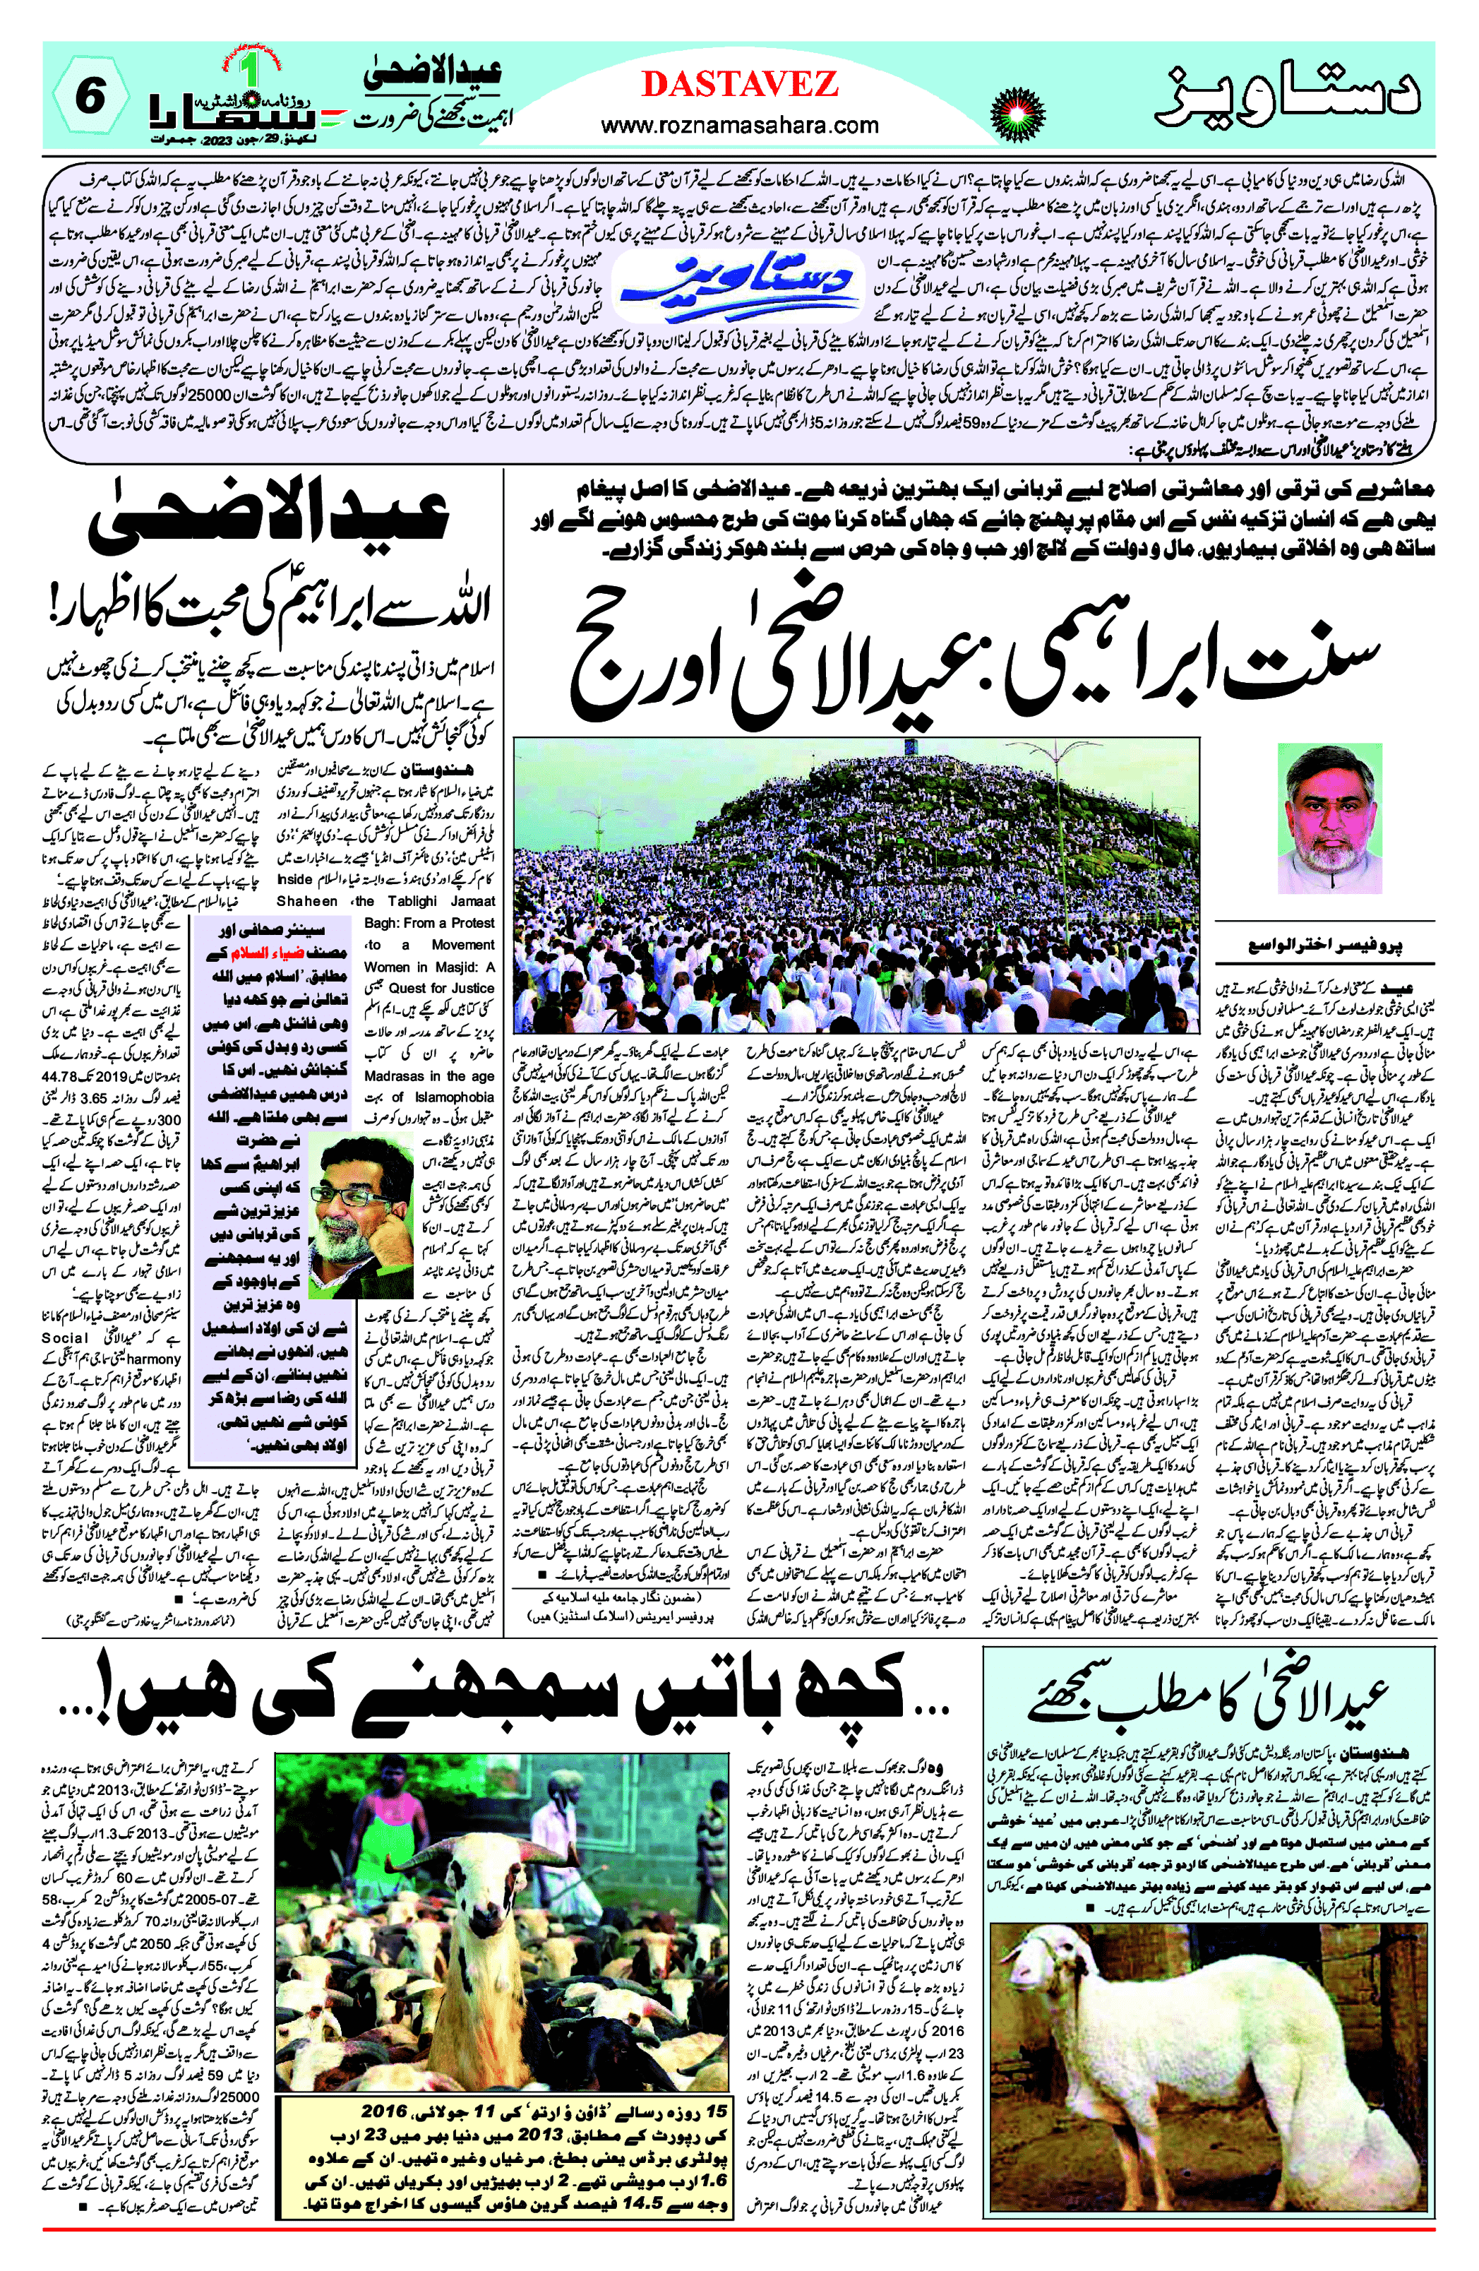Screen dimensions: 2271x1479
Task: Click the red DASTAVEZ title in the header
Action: (x=740, y=84)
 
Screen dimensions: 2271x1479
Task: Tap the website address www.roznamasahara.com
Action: (x=740, y=125)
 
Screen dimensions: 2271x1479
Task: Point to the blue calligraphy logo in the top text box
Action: (x=741, y=283)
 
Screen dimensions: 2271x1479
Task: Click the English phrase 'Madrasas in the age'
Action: (x=429, y=1075)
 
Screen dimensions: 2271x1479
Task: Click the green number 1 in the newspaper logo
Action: (x=251, y=74)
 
